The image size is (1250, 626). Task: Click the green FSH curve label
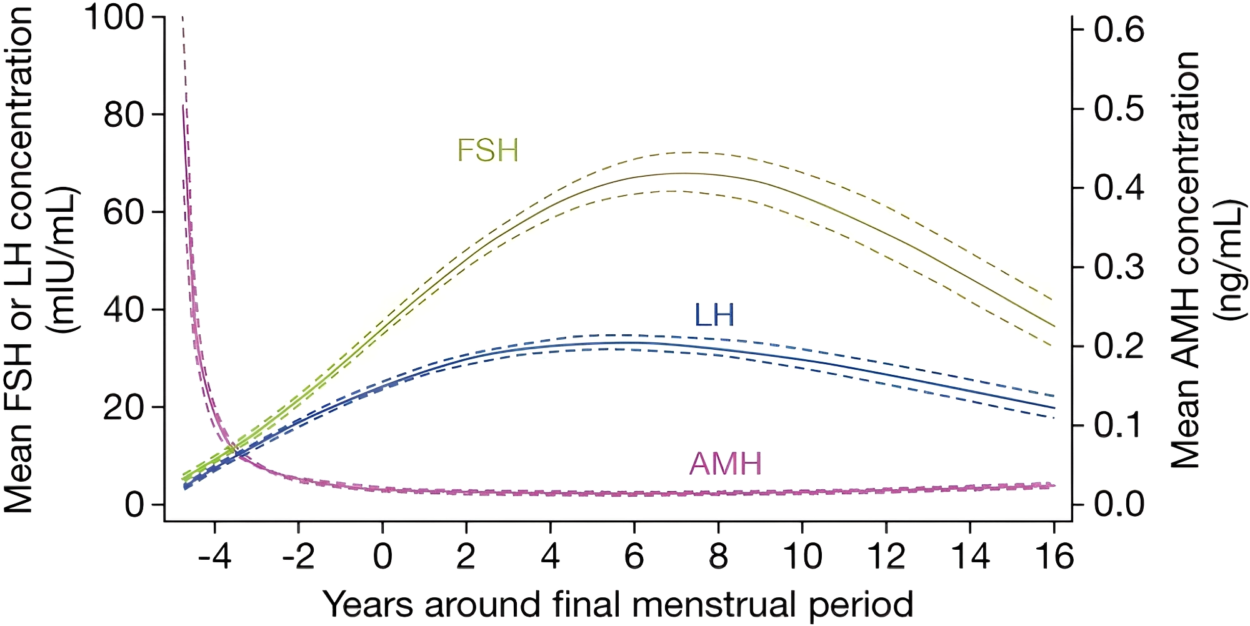tap(487, 151)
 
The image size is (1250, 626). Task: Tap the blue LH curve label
tap(714, 315)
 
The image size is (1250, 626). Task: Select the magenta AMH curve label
tap(726, 464)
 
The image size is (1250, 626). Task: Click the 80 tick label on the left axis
tap(124, 114)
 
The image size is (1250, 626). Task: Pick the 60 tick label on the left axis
tap(124, 212)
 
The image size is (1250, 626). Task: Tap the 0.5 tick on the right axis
tap(1119, 109)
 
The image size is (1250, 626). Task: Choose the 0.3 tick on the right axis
tap(1119, 267)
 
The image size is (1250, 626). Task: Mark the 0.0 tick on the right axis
tap(1119, 504)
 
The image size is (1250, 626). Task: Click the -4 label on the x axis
tap(214, 555)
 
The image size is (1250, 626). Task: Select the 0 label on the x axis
tap(382, 555)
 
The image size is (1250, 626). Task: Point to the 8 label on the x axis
tap(718, 555)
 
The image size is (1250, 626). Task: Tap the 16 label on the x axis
tap(1054, 555)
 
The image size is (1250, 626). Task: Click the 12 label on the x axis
tap(886, 555)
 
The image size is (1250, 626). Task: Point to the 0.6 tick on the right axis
tap(1119, 29)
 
